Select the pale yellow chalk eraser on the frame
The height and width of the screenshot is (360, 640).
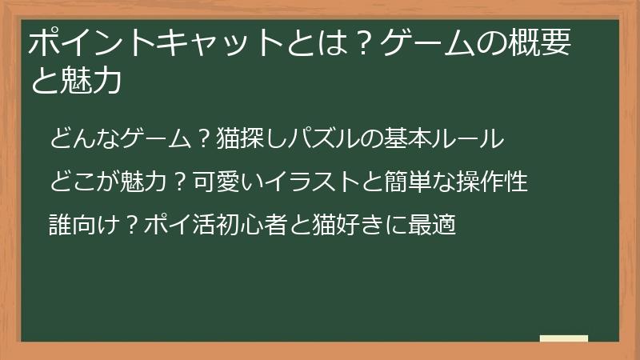(564, 338)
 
